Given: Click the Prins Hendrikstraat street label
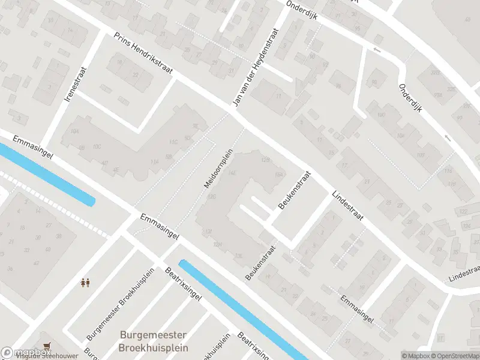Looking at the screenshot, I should pyautogui.click(x=143, y=53).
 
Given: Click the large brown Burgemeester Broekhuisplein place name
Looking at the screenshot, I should pyautogui.click(x=154, y=341).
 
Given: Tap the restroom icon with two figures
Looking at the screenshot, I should pyautogui.click(x=85, y=281).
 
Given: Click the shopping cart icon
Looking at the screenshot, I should pyautogui.click(x=47, y=346).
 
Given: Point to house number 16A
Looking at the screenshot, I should pyautogui.click(x=278, y=175).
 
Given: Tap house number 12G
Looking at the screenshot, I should pyautogui.click(x=211, y=197).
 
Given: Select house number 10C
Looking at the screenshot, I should pyautogui.click(x=96, y=146).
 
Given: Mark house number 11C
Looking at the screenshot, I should pyautogui.click(x=174, y=142).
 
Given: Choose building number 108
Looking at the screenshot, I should pyautogui.click(x=420, y=154).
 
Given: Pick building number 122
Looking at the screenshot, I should pyautogui.click(x=463, y=211).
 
